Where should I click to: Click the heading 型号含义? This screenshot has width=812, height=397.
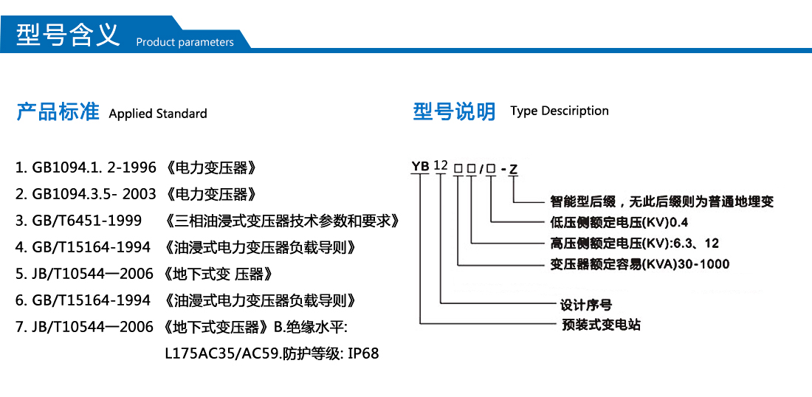pos(68,35)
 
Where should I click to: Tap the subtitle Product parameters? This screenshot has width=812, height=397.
pos(185,42)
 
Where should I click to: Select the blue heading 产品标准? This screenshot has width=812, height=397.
pos(58,112)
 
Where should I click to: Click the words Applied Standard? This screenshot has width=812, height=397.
pos(158,114)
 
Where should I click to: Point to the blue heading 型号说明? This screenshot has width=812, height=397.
pos(454,111)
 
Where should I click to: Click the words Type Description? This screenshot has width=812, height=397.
pos(560,111)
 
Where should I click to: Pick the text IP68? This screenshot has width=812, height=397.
pos(362,353)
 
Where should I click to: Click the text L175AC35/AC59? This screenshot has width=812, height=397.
pos(223,353)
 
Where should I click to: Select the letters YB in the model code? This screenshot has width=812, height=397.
pos(420,166)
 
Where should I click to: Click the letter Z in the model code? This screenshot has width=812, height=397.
pos(514,168)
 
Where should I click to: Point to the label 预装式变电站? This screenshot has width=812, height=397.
pos(602,324)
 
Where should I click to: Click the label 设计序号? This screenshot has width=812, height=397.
pos(586,304)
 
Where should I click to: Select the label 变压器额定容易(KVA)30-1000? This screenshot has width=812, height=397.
pos(640,264)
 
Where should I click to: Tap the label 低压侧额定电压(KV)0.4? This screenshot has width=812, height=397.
pos(619,222)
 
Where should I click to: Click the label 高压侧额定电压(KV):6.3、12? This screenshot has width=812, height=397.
pos(634,243)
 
